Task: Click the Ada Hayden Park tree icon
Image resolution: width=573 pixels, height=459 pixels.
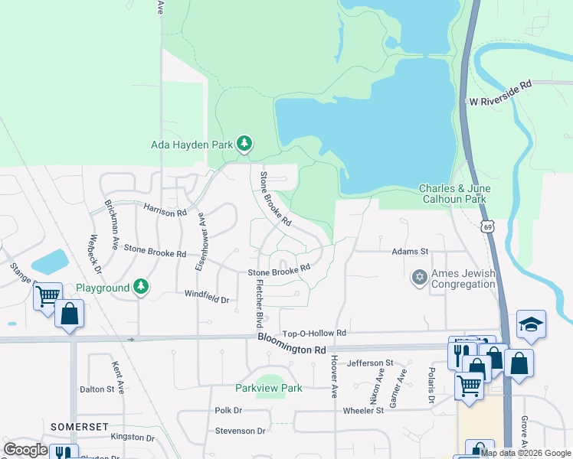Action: (244, 143)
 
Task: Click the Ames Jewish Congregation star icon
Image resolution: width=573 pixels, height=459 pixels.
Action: (419, 276)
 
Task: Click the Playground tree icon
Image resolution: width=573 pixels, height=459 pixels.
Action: (140, 287)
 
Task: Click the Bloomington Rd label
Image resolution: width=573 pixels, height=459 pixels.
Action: (291, 343)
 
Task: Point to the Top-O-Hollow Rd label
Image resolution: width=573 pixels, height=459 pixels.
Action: (315, 334)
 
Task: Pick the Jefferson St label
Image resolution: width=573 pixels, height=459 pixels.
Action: (370, 363)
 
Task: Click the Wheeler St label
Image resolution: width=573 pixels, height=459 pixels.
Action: (363, 411)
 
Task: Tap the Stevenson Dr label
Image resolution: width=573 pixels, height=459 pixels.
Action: (240, 431)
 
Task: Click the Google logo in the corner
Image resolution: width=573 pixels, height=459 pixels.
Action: (25, 450)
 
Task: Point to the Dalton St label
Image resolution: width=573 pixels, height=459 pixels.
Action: (102, 389)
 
